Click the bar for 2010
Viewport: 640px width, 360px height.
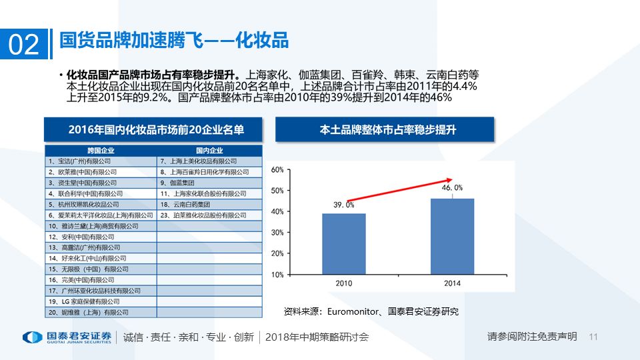click(343, 243)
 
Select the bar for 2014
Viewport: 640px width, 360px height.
click(452, 236)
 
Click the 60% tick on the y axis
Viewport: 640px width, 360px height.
click(277, 169)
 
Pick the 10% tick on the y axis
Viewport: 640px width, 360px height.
click(277, 274)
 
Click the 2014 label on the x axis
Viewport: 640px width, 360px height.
click(452, 283)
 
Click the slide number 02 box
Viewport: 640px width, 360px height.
click(23, 43)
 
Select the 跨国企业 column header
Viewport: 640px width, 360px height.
click(101, 150)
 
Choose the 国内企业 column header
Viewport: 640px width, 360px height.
click(209, 150)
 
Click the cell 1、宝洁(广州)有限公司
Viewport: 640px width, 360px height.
click(101, 161)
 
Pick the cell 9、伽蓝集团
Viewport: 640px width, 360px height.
click(209, 183)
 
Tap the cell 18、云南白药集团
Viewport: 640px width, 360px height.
click(209, 205)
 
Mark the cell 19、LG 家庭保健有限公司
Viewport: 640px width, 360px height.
click(101, 301)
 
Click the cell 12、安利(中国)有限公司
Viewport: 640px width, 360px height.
click(101, 237)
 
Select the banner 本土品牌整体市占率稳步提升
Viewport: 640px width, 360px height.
click(385, 129)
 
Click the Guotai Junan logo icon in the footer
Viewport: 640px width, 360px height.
click(32, 337)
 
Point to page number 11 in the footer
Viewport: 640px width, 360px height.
click(595, 337)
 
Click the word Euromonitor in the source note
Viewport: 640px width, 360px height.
click(351, 311)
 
